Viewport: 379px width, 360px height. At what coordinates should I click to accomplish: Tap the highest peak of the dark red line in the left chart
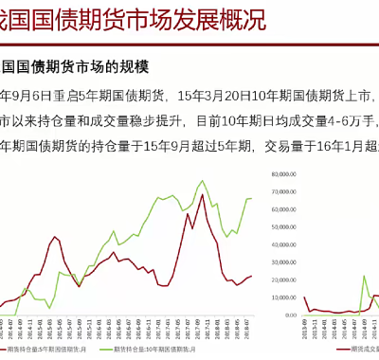pos(201,195)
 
